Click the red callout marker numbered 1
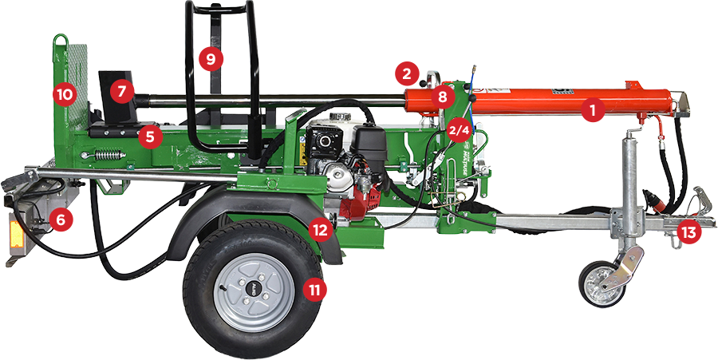pos(594,110)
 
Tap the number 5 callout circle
pos(151,136)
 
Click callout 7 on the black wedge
pos(121,92)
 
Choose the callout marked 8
pos(442,97)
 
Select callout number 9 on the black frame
pos(211,59)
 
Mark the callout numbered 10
pos(65,95)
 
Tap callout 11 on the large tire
pos(315,290)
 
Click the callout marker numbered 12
pos(320,230)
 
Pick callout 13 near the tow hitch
pos(689,232)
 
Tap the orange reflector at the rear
pos(17,233)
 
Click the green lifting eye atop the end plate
pos(60,41)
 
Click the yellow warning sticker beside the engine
pos(302,153)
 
